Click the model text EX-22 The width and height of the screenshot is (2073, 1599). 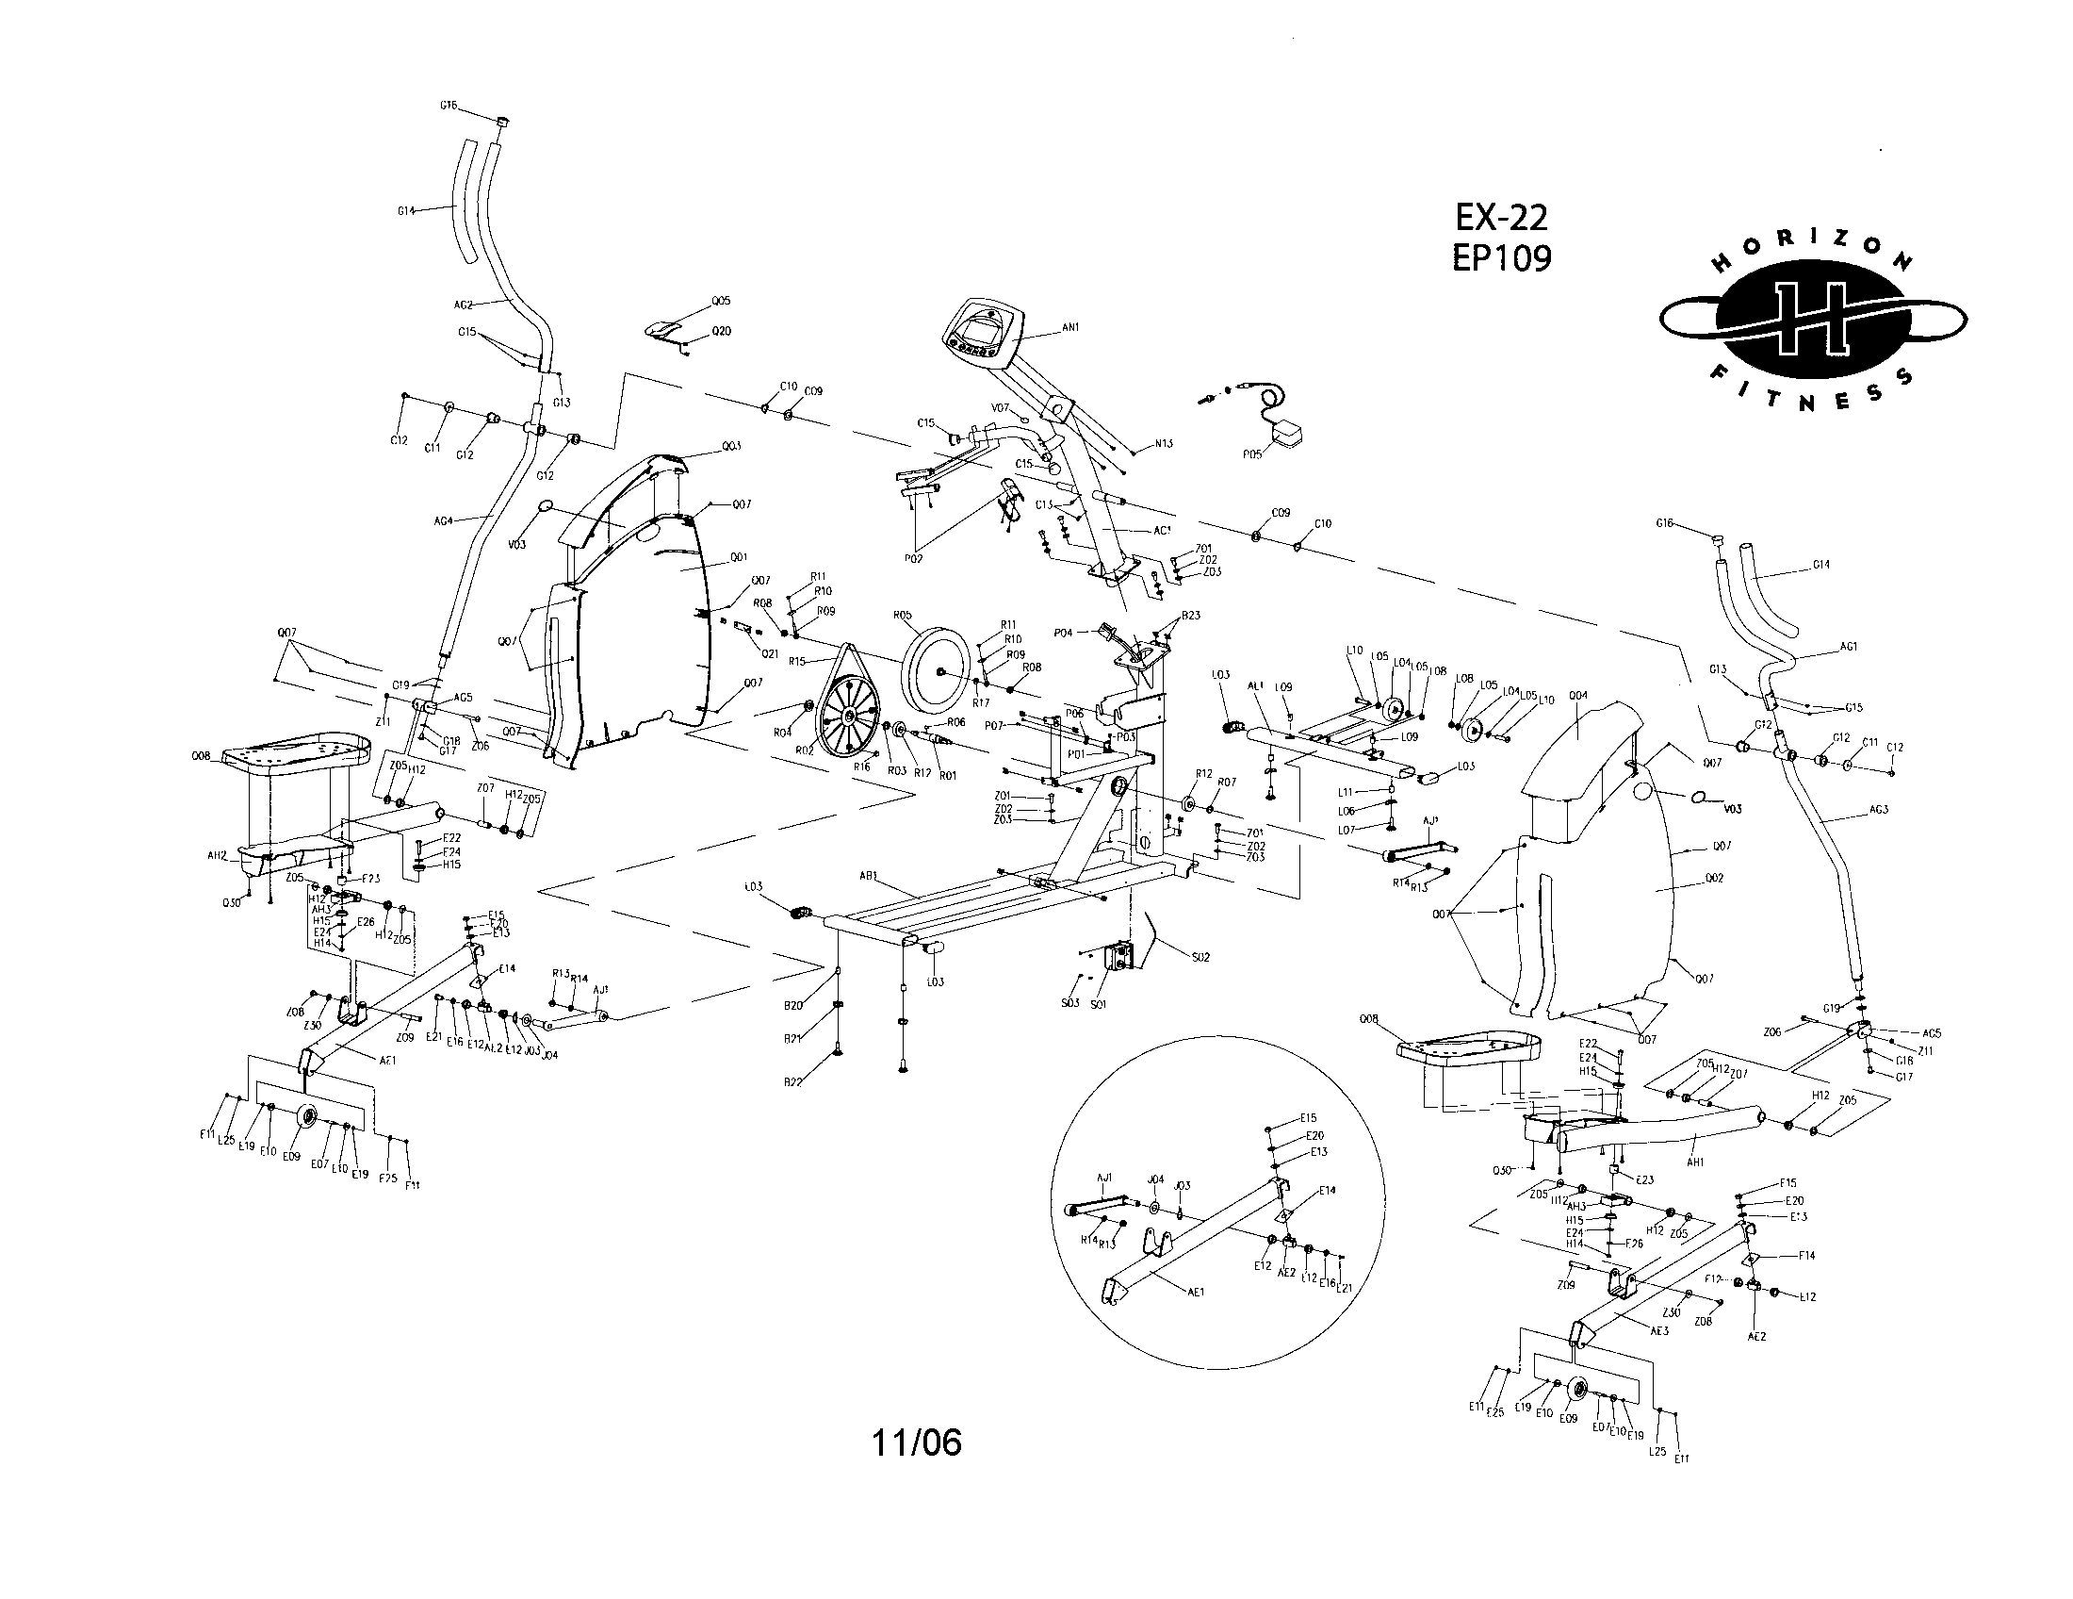point(1501,219)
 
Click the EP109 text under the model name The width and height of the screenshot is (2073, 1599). point(1502,258)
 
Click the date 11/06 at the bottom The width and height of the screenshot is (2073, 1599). point(916,1442)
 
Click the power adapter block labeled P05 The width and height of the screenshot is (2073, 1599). point(1287,436)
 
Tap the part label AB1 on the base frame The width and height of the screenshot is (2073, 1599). point(869,877)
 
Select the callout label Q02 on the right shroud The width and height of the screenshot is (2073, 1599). point(1713,879)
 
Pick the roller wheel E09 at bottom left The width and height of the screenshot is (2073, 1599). point(306,1118)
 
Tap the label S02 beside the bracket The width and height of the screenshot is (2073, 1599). point(1200,957)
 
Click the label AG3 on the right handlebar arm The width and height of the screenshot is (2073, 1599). point(1878,810)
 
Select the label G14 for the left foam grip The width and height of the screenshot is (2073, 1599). point(406,211)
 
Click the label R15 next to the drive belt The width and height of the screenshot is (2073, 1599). point(797,661)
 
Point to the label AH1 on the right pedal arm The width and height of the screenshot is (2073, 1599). point(1692,1162)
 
